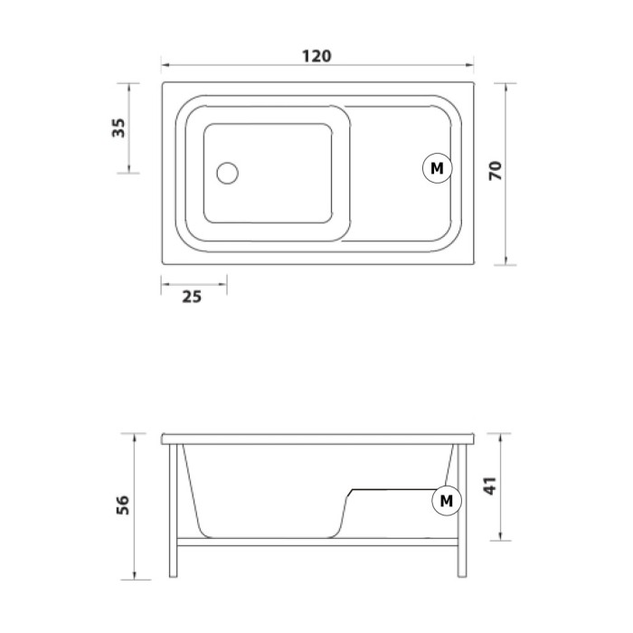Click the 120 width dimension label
[316, 56]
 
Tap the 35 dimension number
[118, 128]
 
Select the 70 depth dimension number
[496, 170]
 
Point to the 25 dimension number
[192, 297]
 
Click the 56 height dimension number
[123, 505]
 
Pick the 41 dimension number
[490, 486]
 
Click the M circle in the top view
[437, 168]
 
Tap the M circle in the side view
[447, 501]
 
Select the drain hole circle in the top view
[227, 174]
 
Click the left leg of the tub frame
[174, 511]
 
